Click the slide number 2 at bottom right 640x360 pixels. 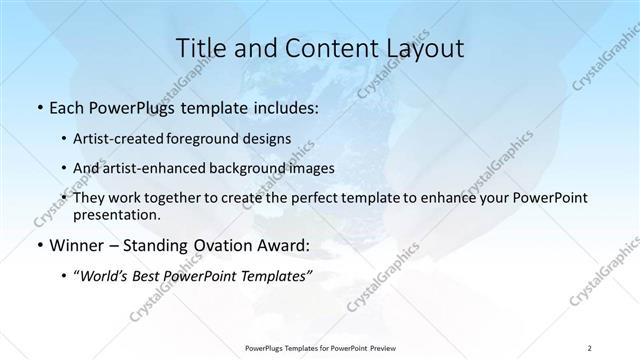590,347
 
